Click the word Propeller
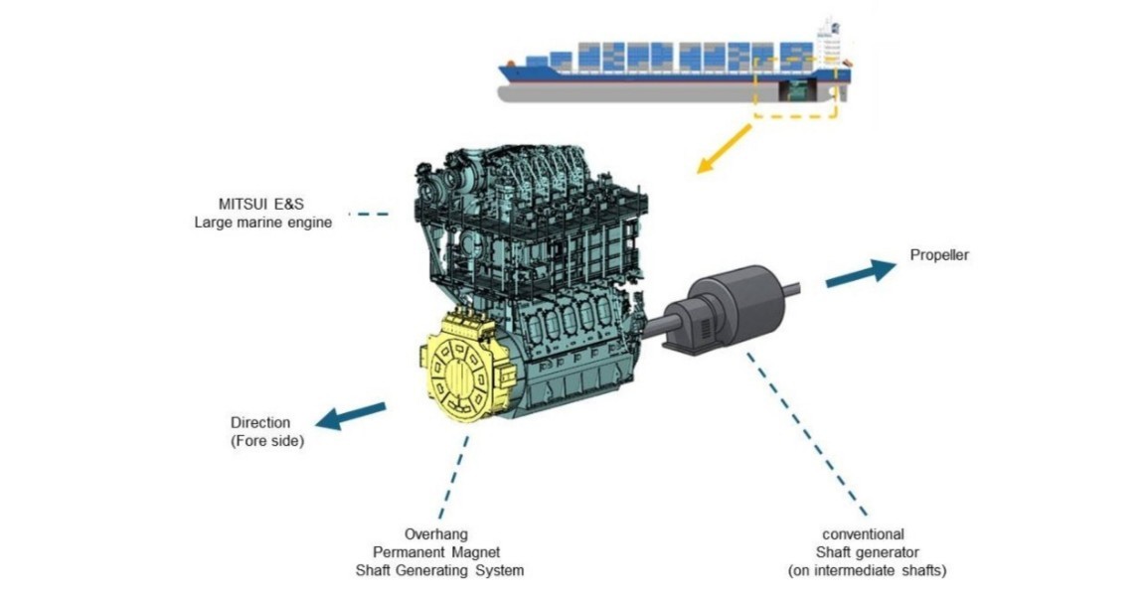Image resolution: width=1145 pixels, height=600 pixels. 938,255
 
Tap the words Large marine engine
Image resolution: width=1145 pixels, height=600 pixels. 263,223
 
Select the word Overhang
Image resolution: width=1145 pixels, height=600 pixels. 435,534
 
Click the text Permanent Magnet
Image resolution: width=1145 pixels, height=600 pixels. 435,552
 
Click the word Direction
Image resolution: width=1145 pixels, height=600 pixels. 260,423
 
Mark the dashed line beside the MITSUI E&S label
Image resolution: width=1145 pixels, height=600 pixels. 370,214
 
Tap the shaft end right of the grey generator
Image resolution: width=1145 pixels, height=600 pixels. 792,288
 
